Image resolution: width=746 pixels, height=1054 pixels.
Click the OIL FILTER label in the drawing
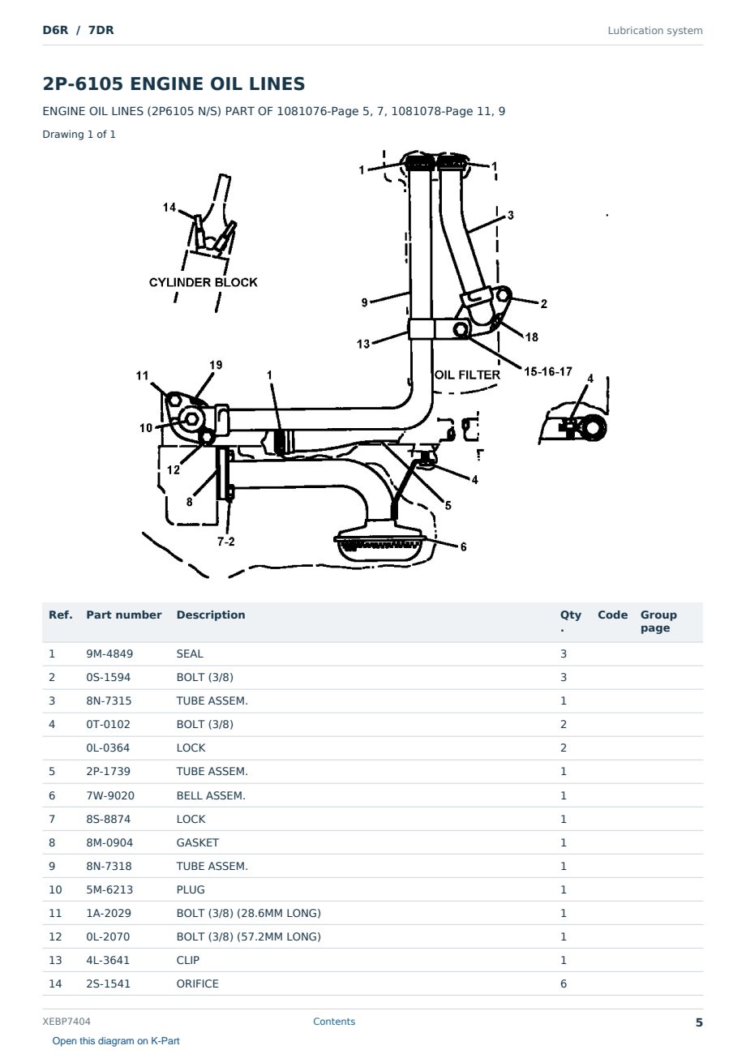pyautogui.click(x=467, y=375)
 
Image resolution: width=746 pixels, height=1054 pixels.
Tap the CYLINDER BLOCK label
pyautogui.click(x=203, y=282)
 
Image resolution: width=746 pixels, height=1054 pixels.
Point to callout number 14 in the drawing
pyautogui.click(x=169, y=208)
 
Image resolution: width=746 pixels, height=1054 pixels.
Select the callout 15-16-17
pyautogui.click(x=548, y=371)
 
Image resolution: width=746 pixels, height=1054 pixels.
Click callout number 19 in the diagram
pyautogui.click(x=216, y=365)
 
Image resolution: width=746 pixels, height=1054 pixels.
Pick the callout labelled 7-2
pyautogui.click(x=226, y=542)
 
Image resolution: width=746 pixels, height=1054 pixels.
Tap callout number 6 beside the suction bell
pyautogui.click(x=463, y=546)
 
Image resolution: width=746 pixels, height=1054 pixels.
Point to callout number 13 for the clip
pyautogui.click(x=363, y=344)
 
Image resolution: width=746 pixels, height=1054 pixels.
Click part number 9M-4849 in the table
pyautogui.click(x=109, y=653)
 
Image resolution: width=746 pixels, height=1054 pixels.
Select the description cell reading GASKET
pyautogui.click(x=197, y=842)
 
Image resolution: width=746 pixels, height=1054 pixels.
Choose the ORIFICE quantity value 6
pyautogui.click(x=564, y=983)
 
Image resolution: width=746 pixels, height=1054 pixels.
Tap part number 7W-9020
pyautogui.click(x=110, y=795)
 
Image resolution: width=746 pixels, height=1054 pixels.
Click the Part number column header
pyautogui.click(x=124, y=615)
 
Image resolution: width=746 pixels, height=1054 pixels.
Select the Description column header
pyautogui.click(x=211, y=615)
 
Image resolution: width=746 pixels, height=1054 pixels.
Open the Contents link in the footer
pyautogui.click(x=334, y=1021)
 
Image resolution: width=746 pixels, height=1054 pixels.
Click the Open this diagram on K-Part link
pyautogui.click(x=116, y=1041)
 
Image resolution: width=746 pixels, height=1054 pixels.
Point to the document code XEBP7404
pyautogui.click(x=66, y=1021)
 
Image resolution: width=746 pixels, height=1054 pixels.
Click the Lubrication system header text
pyautogui.click(x=655, y=31)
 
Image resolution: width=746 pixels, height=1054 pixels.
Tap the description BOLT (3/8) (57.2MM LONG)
pyautogui.click(x=248, y=936)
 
